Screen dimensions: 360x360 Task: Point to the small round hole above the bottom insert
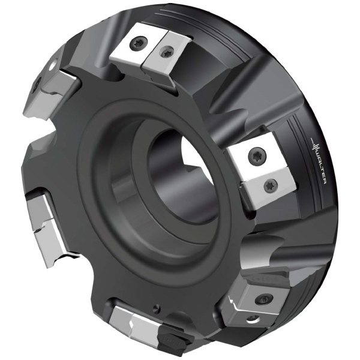157,308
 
